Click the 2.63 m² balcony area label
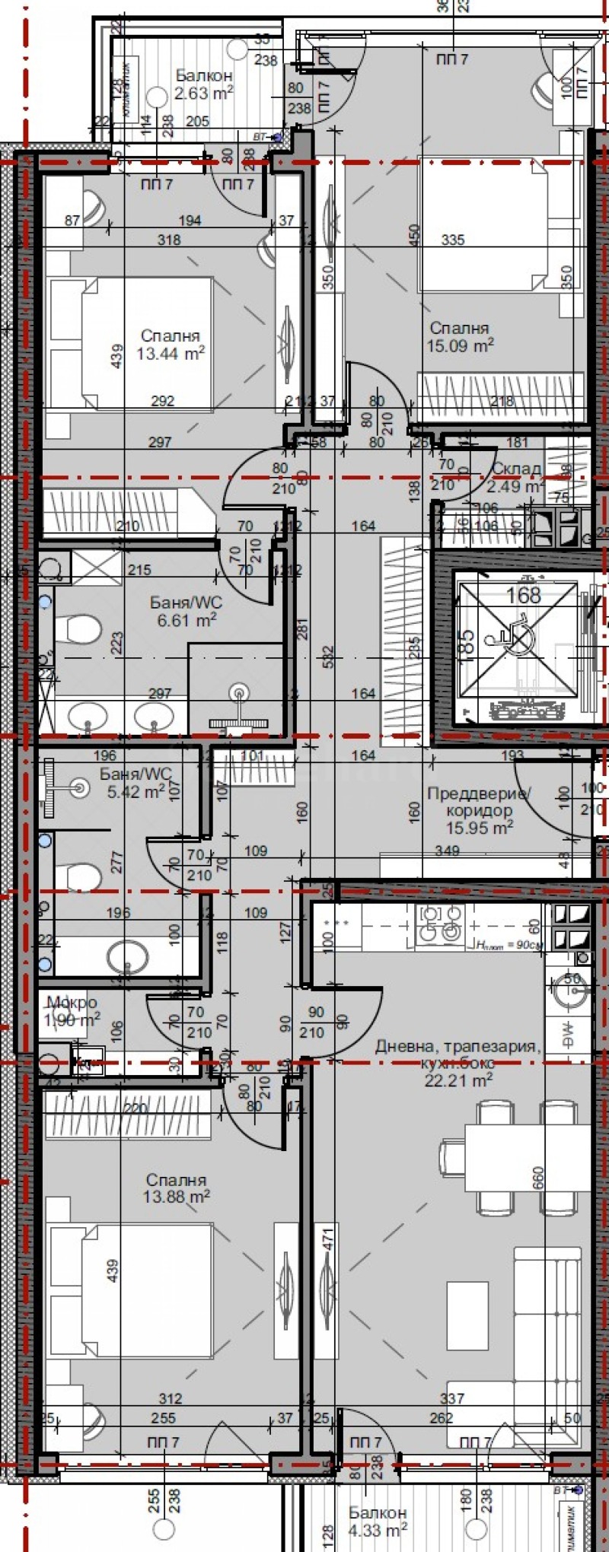203,84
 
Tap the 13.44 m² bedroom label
171,345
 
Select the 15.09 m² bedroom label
460,336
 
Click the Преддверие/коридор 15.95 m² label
479,810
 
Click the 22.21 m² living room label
458,1062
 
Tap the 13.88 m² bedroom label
176,1188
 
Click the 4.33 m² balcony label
378,1522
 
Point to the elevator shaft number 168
524,596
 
